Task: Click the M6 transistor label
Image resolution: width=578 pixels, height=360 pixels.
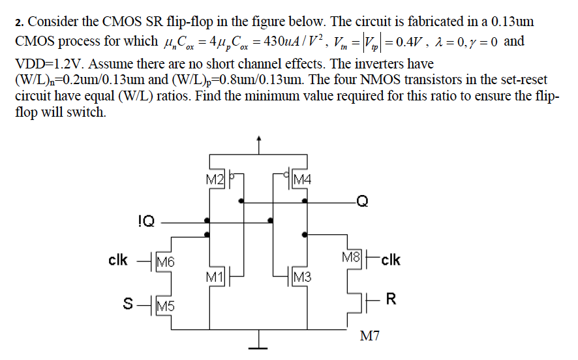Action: tap(166, 262)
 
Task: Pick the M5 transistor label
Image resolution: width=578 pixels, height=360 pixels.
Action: tap(165, 305)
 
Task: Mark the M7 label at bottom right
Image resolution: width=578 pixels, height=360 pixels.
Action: tap(369, 337)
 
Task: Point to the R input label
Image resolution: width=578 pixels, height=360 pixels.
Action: tap(391, 300)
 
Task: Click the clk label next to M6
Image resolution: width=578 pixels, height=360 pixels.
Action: tap(118, 260)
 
